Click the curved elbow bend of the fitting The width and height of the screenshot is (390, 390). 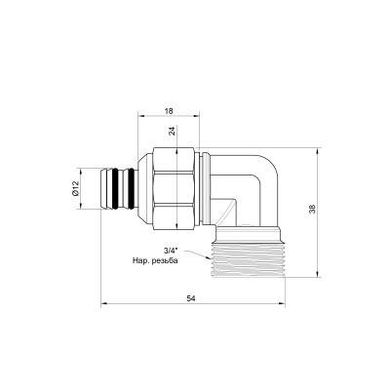pyautogui.click(x=263, y=180)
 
